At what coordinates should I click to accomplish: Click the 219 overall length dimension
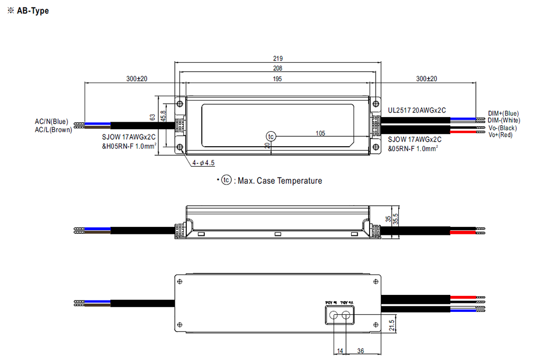coord(278,59)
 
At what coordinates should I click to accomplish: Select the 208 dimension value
coord(278,69)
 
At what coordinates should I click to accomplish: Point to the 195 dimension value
coord(278,79)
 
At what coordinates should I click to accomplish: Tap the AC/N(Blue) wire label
coord(51,122)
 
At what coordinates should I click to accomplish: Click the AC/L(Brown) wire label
coord(53,130)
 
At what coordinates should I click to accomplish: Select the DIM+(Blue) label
coord(503,114)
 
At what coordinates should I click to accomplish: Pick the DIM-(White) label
coord(504,120)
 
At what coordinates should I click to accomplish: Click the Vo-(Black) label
coord(502,128)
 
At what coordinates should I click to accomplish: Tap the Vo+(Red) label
coord(500,135)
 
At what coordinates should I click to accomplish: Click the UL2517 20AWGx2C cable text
coord(417,110)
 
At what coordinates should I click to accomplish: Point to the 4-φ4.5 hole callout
coord(203,163)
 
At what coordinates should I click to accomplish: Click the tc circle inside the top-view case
coord(271,136)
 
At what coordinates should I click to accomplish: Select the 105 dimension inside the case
coord(321,133)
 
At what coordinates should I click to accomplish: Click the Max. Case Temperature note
coord(273,181)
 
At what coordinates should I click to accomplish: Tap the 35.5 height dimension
coord(396,219)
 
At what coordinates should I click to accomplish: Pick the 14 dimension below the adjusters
coord(340,351)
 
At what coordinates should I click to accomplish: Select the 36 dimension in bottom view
coord(361,351)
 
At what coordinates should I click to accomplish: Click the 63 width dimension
coord(153,117)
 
